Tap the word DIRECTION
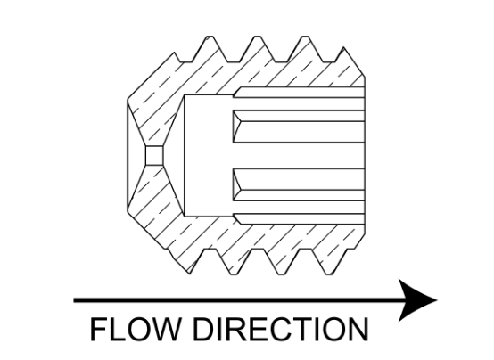tap(280, 329)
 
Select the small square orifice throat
tap(154, 156)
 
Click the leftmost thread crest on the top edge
tap(210, 37)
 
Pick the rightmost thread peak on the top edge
tap(343, 48)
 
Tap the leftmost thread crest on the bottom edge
tap(188, 273)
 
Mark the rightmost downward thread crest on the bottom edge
tap(330, 274)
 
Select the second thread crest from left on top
tap(258, 37)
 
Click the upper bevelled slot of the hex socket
tap(299, 127)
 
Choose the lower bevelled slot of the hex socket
tap(299, 184)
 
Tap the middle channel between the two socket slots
tap(299, 156)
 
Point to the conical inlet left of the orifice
tap(136, 156)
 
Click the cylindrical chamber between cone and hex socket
tap(209, 156)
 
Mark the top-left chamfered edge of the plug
tap(152, 77)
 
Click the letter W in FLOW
tap(164, 330)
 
